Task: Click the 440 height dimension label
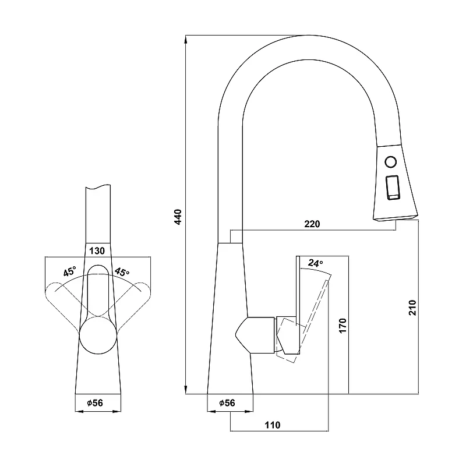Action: coord(178,217)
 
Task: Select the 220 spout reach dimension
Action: coord(312,224)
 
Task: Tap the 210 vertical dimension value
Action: coord(412,308)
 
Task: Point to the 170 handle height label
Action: coord(343,326)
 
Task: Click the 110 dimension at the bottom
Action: coord(272,425)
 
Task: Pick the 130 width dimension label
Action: coord(97,251)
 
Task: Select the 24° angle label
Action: coord(315,263)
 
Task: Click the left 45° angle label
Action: coord(69,271)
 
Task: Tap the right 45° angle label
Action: coord(122,271)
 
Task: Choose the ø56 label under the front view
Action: coord(95,403)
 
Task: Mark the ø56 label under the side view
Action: coord(227,403)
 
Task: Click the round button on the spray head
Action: coord(390,162)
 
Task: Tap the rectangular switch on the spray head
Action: coord(393,188)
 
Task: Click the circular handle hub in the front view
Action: coord(98,335)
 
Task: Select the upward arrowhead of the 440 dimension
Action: coord(186,40)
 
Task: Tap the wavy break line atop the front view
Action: coord(98,186)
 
